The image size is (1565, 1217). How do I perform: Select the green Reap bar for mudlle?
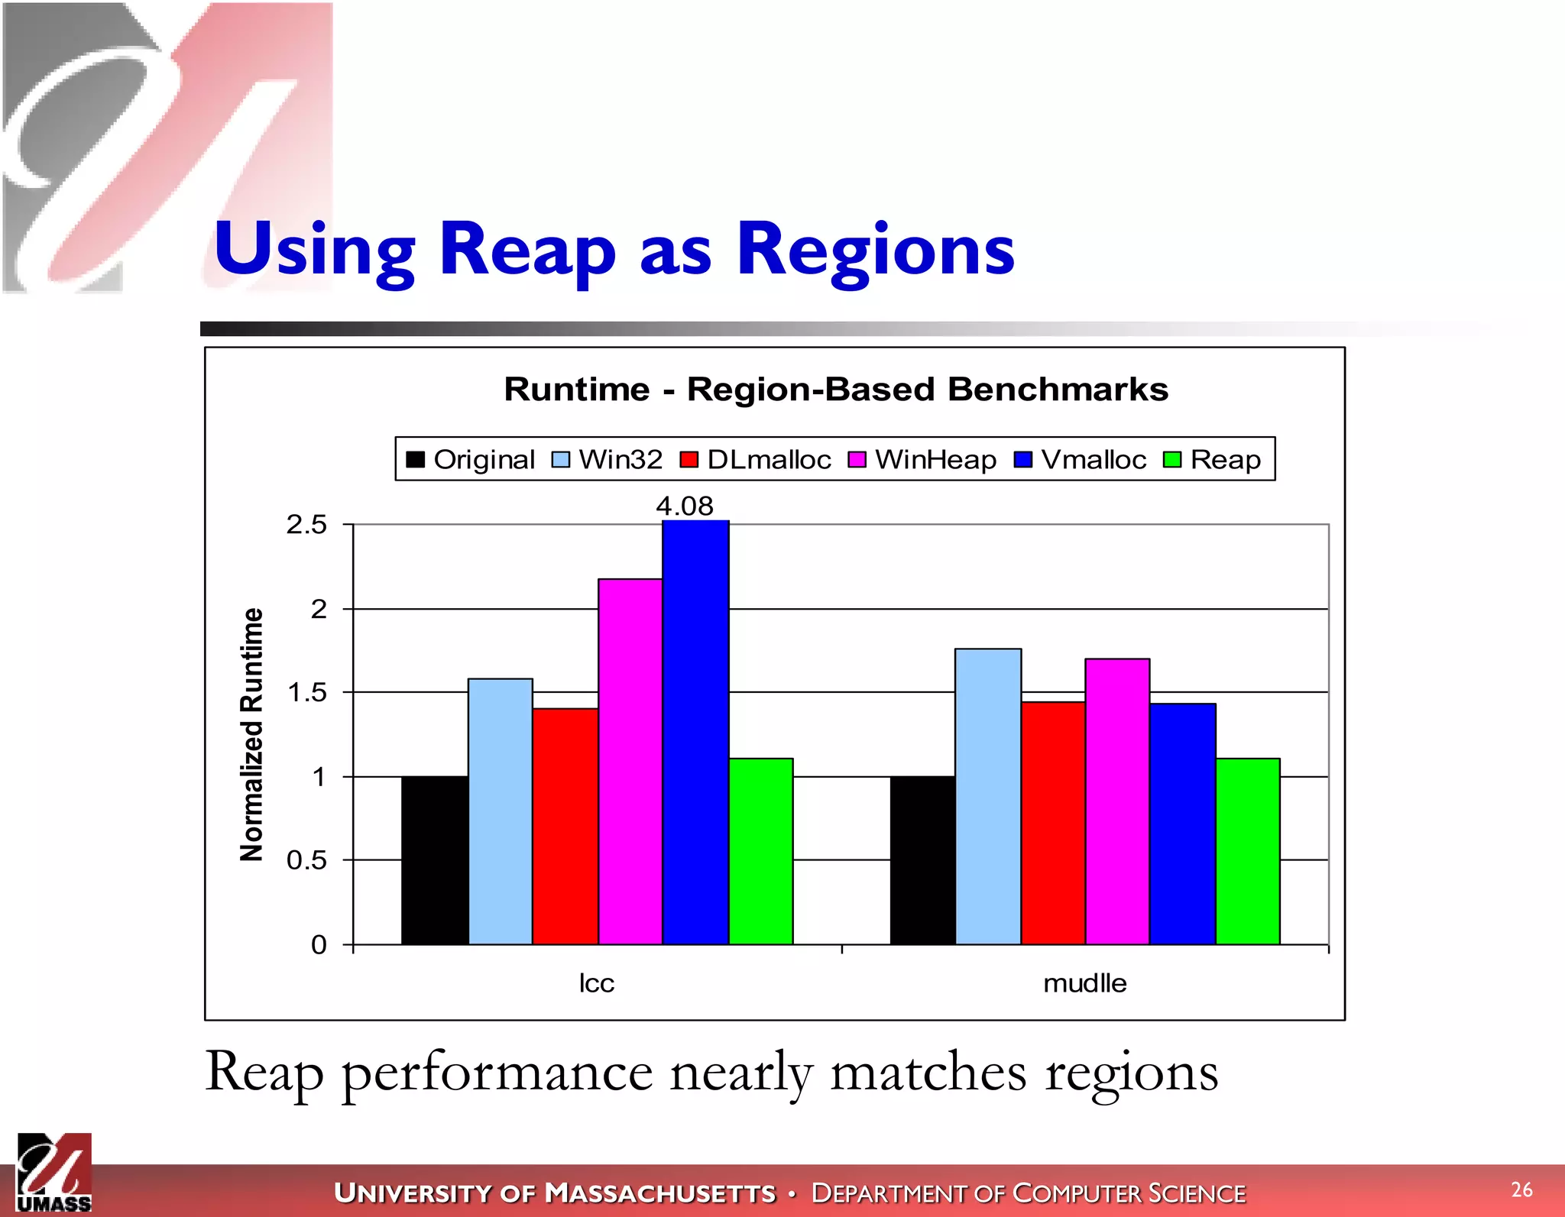click(x=1247, y=851)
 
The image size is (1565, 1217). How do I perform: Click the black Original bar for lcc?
click(x=434, y=860)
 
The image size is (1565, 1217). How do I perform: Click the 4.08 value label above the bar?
click(x=685, y=506)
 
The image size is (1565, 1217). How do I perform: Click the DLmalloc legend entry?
click(x=756, y=459)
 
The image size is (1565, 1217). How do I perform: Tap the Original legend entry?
click(x=471, y=459)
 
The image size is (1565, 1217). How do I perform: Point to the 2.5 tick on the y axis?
click(x=306, y=525)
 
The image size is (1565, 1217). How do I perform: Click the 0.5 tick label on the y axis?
click(x=306, y=860)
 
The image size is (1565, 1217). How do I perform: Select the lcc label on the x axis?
click(x=596, y=983)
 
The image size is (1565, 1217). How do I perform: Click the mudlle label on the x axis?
click(x=1084, y=983)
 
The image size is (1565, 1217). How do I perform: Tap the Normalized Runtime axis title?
click(x=251, y=734)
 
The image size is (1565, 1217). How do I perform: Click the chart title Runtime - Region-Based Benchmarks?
click(x=836, y=389)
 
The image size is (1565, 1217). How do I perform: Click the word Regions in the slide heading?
click(x=876, y=250)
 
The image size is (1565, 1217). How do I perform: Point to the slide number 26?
click(x=1521, y=1189)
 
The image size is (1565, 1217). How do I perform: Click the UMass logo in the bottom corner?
click(x=53, y=1173)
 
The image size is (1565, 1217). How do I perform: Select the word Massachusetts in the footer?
click(x=660, y=1193)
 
